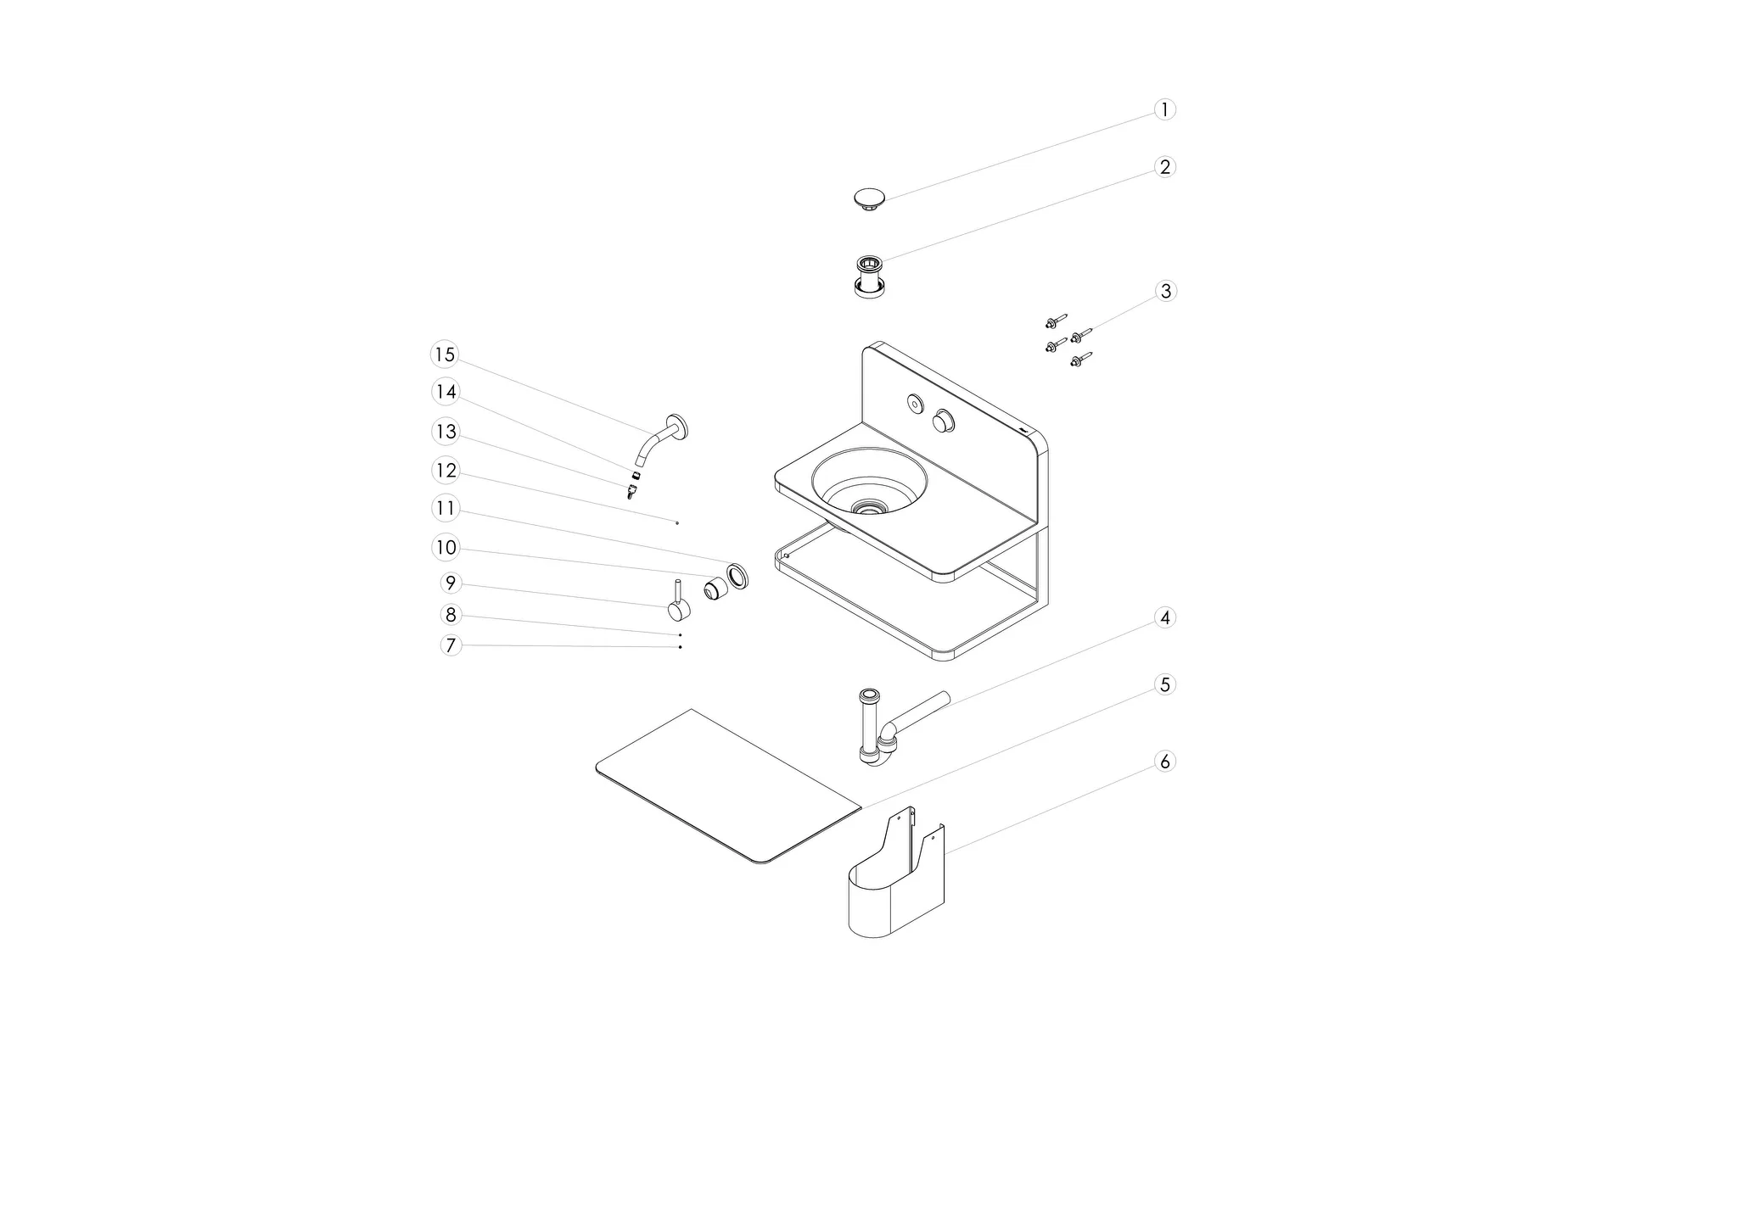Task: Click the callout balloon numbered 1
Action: click(x=1164, y=109)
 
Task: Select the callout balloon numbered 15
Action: click(x=444, y=354)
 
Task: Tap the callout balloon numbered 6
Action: click(x=1164, y=762)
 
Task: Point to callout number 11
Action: click(x=445, y=509)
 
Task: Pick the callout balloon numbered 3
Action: click(x=1165, y=291)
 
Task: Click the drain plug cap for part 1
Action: click(x=870, y=199)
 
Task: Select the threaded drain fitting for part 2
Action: click(x=868, y=276)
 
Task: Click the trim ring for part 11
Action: click(x=737, y=575)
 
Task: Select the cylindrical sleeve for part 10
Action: click(x=716, y=587)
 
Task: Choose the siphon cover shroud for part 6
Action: click(x=895, y=890)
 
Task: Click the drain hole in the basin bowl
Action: click(x=868, y=508)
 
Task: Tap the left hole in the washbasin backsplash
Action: click(x=915, y=404)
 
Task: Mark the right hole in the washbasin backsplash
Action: click(x=944, y=421)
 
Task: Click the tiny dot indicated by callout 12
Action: click(x=677, y=523)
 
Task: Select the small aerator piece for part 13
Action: click(x=631, y=491)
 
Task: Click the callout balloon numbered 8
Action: click(x=450, y=614)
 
